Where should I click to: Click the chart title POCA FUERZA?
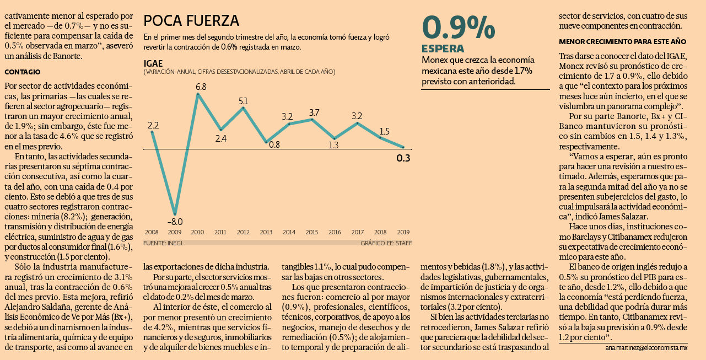coord(191,21)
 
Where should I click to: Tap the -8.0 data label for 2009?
coord(175,222)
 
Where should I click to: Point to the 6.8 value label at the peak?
coord(201,87)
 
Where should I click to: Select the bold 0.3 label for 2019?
coord(403,158)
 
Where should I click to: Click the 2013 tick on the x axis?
coord(266,232)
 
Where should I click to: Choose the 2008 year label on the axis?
coord(152,232)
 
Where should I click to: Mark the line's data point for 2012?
coord(243,108)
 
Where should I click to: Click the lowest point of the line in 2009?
coord(175,214)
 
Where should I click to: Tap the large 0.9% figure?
coord(459,28)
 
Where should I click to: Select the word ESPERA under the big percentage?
coord(443,49)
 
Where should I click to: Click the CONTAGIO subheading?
coord(23,72)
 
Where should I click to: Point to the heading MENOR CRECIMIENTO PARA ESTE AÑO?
coord(622,41)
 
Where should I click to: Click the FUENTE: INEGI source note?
coord(163,243)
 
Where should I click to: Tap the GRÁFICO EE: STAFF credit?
coord(386,243)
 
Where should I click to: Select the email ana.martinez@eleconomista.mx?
coord(646,348)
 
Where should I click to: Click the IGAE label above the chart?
coord(153,63)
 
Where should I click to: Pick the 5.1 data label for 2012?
coord(243,101)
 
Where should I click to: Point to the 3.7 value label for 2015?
coord(314,112)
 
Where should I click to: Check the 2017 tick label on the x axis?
coord(358,232)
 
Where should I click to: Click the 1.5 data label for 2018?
coord(384,131)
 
